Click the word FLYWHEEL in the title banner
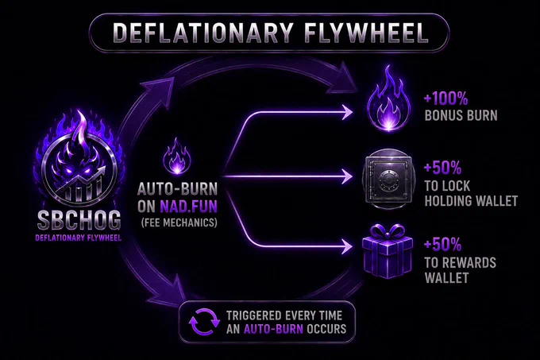[x=366, y=33]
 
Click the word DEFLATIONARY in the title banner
[x=203, y=33]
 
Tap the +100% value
[x=446, y=99]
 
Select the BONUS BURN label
[x=461, y=116]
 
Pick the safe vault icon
[x=388, y=179]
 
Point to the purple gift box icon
[x=387, y=251]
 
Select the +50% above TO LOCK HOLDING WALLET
[x=442, y=168]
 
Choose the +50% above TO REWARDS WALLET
[x=442, y=245]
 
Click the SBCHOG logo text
[x=79, y=220]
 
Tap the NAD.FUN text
[x=188, y=207]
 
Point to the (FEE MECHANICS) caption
[x=179, y=223]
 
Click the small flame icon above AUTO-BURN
[x=177, y=156]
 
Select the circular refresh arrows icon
[x=204, y=322]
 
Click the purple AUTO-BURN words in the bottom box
[x=273, y=329]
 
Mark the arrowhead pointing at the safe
[x=347, y=176]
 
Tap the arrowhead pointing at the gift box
[x=347, y=246]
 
